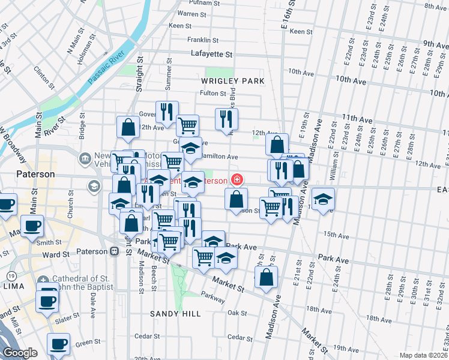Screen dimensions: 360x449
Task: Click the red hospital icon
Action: tap(237, 180)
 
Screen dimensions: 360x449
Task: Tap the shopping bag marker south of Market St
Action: tap(266, 277)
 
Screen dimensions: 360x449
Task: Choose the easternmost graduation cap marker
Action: tap(322, 199)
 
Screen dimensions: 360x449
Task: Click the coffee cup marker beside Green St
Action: tap(58, 344)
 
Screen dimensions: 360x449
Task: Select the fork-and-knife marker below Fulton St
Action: tap(226, 118)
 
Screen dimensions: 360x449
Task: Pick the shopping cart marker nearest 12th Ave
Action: tap(187, 125)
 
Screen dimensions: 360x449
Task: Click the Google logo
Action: tap(20, 353)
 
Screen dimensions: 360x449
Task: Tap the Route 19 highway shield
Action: tap(11, 275)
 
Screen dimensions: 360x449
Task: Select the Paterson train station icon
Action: tap(113, 251)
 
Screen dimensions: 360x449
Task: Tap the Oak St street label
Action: tap(237, 313)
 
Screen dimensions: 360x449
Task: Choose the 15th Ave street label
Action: tap(337, 235)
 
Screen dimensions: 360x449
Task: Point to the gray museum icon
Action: tap(85, 158)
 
